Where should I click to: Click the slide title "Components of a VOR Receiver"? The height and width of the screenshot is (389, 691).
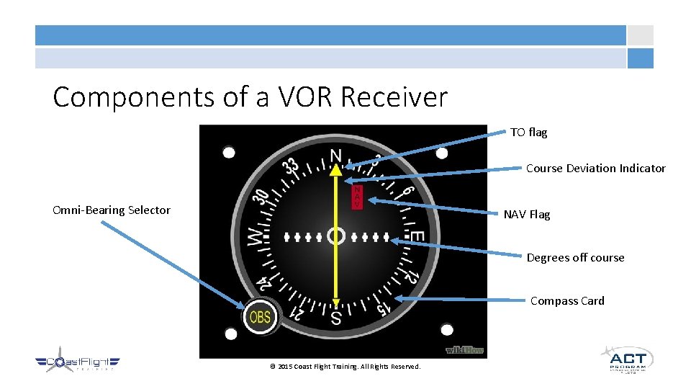point(250,97)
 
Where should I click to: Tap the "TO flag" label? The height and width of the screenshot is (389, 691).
point(529,133)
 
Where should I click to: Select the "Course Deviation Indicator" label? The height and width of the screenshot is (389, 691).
point(595,169)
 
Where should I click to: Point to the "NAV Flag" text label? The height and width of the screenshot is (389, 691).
point(526,214)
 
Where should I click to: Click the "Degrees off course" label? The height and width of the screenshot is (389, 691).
point(575,258)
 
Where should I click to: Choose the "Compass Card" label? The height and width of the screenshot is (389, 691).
point(567,301)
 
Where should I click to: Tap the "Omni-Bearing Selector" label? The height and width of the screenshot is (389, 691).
point(112,210)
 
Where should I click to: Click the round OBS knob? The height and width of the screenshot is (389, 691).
point(260,316)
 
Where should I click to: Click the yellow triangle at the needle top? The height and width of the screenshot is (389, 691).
point(336,169)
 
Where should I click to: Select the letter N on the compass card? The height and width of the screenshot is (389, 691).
point(336,155)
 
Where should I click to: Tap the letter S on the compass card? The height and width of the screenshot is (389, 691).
point(336,317)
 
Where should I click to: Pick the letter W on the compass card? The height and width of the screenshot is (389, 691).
point(256,237)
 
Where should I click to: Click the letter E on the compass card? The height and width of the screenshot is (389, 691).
point(416,237)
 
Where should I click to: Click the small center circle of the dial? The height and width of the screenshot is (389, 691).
point(336,236)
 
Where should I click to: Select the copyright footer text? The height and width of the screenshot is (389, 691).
point(345,367)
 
